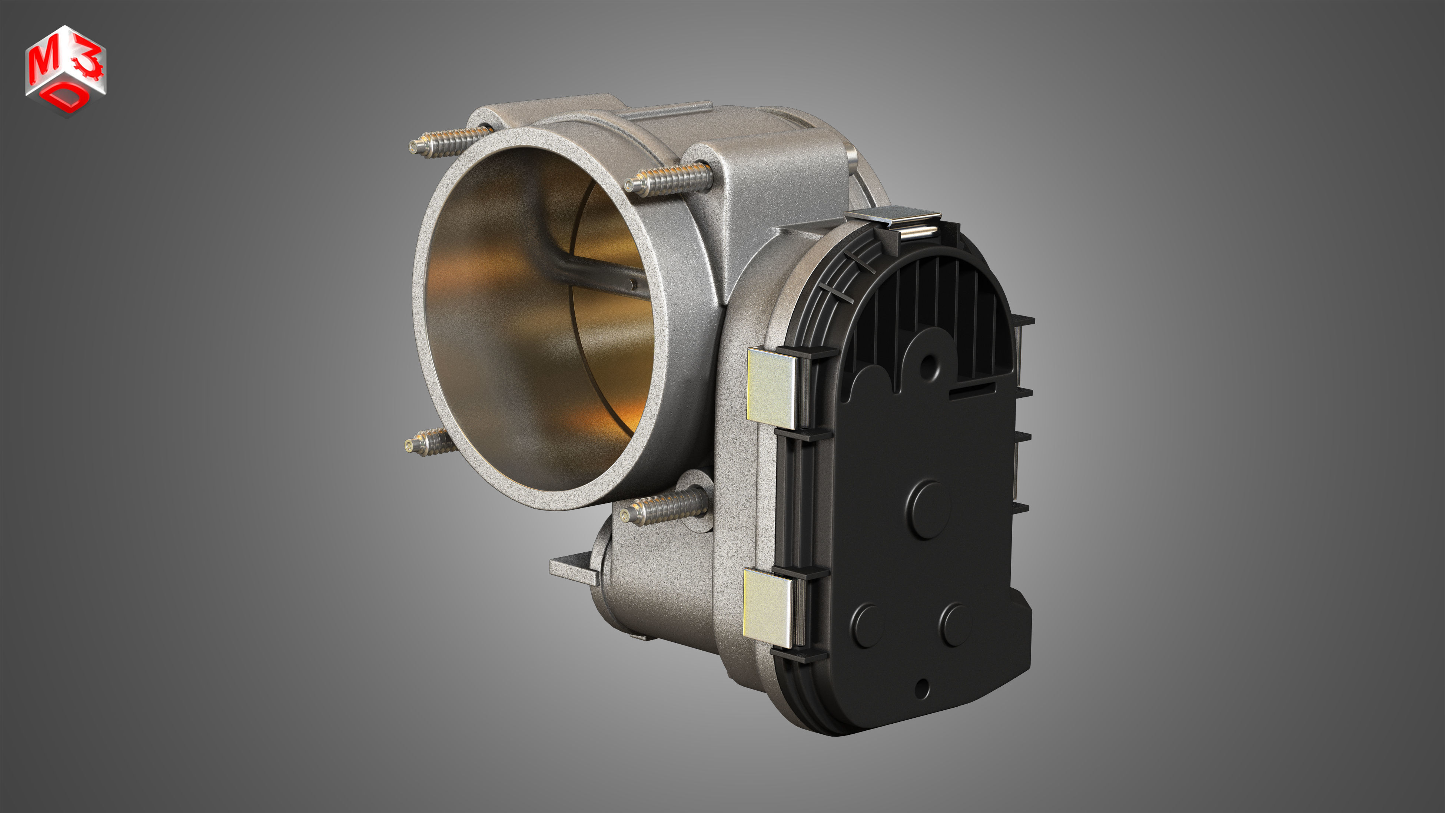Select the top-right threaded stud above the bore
point(668,179)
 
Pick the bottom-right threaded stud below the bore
point(662,508)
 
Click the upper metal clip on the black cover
point(773,388)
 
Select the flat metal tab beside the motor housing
point(572,568)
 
